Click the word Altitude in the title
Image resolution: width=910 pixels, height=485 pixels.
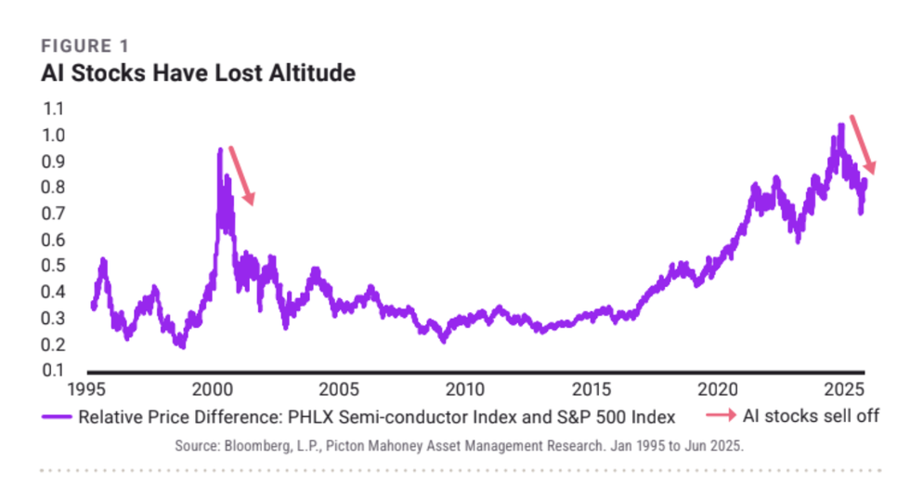pyautogui.click(x=310, y=72)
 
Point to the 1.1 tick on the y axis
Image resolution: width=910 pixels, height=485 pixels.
pyautogui.click(x=53, y=109)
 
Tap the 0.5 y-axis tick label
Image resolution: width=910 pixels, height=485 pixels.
pyautogui.click(x=53, y=267)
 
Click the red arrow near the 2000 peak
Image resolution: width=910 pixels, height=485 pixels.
pyautogui.click(x=241, y=175)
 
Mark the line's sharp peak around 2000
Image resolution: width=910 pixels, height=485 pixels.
pyautogui.click(x=220, y=150)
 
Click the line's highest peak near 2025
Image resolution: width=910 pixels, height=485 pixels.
pyautogui.click(x=840, y=125)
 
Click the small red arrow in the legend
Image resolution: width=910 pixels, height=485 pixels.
pyautogui.click(x=715, y=415)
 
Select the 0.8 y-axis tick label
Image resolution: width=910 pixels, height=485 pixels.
pyautogui.click(x=53, y=188)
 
